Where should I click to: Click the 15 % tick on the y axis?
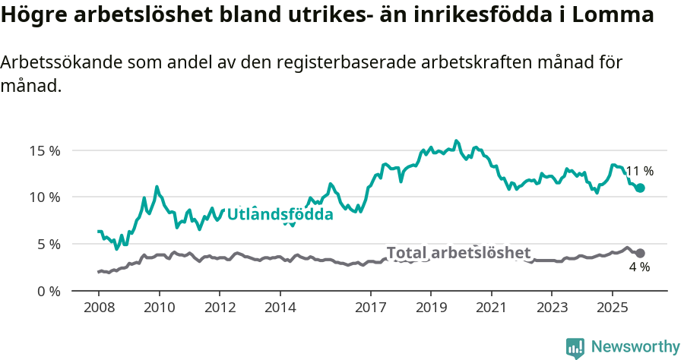tap(43, 150)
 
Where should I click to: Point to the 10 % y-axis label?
tap(43, 197)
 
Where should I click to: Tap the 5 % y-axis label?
tap(47, 245)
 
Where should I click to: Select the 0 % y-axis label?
tap(47, 292)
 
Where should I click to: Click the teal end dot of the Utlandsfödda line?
tap(640, 188)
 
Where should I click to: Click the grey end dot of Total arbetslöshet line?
tap(640, 253)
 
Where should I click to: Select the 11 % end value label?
tap(639, 172)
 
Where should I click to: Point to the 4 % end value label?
tap(639, 267)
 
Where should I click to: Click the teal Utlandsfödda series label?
tap(280, 215)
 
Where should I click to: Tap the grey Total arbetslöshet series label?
tap(458, 253)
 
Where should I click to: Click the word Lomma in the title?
tap(611, 15)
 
